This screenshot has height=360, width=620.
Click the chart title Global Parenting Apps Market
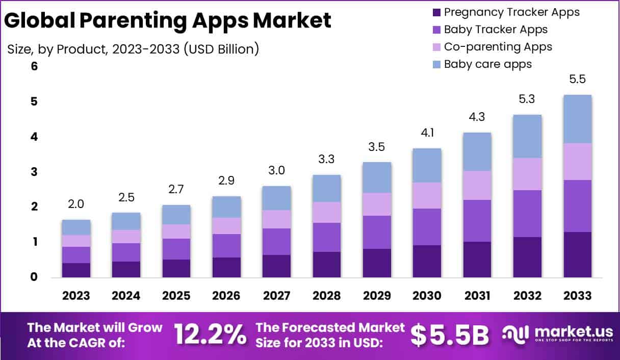pos(168,20)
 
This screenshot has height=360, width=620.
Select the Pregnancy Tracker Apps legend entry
pos(511,12)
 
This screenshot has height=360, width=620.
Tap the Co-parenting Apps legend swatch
pos(435,47)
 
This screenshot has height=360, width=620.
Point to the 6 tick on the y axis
pos(20,67)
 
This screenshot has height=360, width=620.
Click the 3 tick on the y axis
pos(20,172)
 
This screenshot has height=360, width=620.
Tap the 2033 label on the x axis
pos(578,296)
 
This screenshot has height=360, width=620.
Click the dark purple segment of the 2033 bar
pos(578,254)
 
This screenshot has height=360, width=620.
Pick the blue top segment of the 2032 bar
pos(528,136)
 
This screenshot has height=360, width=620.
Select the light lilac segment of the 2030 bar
pos(427,195)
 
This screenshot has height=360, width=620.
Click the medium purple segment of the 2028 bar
pos(326,237)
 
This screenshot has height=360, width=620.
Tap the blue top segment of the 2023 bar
pos(76,227)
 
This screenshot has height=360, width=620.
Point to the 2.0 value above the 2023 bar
pos(76,204)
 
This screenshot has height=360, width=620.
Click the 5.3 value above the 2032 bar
pos(528,99)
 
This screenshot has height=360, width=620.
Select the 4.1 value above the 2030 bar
pos(427,133)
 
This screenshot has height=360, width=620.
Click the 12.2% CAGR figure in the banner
pos(210,335)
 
